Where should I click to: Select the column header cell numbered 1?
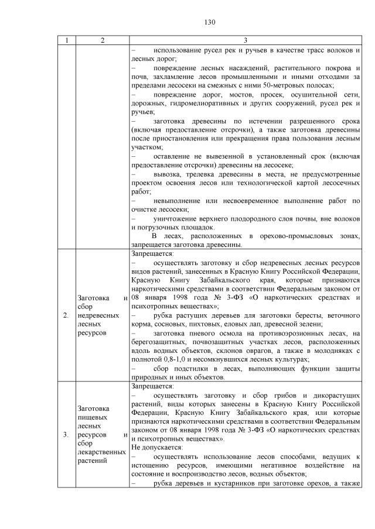(x=66, y=40)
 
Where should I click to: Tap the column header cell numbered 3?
(x=246, y=40)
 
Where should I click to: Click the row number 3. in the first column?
(x=66, y=435)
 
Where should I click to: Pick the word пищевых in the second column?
(x=91, y=418)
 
